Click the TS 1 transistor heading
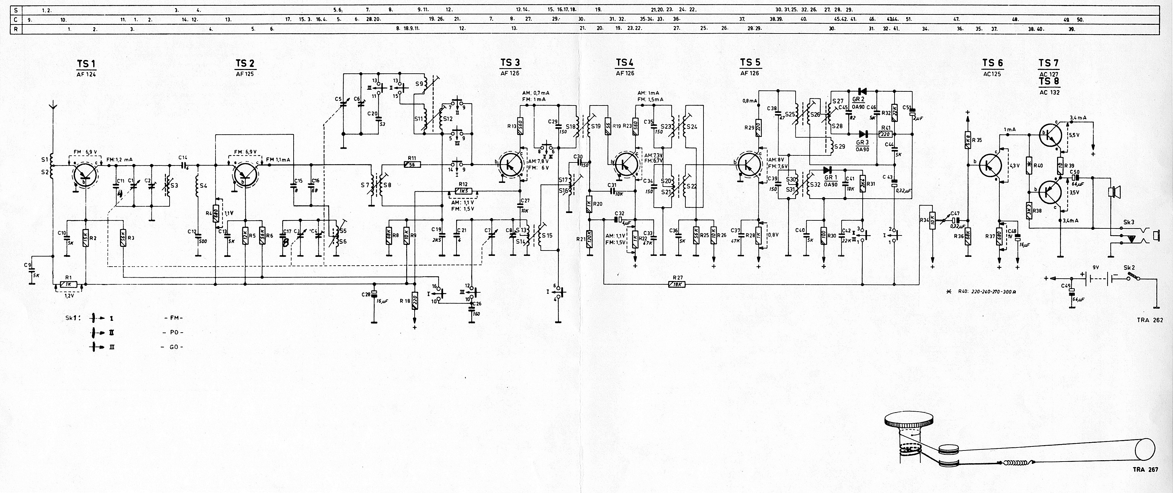click(86, 64)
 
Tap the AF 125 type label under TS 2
click(245, 74)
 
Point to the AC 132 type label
click(1049, 92)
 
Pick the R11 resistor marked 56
click(413, 164)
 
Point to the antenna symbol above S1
click(53, 108)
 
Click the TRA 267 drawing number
click(1153, 469)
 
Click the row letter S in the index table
click(16, 9)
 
